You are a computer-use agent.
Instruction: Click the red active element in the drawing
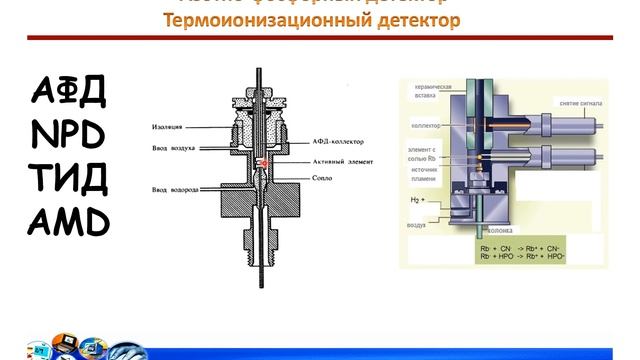263,162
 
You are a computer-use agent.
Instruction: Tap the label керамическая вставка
432,93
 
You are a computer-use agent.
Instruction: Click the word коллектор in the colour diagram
428,126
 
